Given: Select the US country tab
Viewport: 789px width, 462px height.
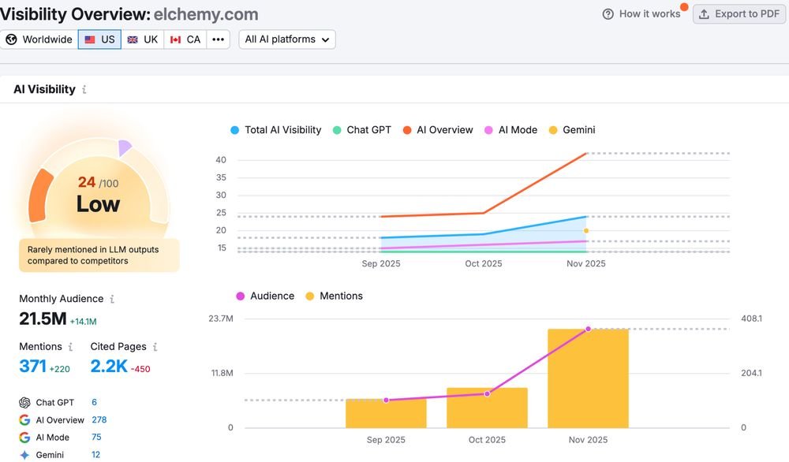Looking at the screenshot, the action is click(99, 39).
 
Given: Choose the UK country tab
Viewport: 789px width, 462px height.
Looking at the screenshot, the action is click(142, 39).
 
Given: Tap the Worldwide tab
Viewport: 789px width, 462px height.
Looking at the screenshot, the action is click(39, 39).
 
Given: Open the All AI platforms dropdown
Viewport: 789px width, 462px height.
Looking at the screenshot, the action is click(287, 39).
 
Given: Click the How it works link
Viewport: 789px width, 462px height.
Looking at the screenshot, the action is click(641, 14).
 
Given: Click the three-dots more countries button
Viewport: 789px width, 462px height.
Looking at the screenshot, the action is click(218, 39).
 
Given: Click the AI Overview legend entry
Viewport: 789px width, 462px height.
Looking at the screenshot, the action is click(438, 130).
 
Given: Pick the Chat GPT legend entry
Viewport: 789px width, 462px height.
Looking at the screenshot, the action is click(362, 130).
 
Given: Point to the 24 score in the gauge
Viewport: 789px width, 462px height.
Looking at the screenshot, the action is click(87, 182).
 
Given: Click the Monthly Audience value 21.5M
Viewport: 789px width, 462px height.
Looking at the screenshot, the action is click(43, 319).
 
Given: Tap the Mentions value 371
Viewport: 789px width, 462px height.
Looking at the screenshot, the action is click(32, 366).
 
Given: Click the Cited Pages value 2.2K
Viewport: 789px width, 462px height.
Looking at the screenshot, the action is click(109, 366).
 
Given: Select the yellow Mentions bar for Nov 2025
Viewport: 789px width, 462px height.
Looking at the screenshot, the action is click(588, 378).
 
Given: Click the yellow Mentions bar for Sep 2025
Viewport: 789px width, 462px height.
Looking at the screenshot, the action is click(386, 413).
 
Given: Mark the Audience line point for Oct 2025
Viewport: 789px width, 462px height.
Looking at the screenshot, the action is click(487, 393).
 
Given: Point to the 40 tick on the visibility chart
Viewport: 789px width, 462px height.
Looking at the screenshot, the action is click(221, 160).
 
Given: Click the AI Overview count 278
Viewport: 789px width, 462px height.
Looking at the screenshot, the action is click(99, 419).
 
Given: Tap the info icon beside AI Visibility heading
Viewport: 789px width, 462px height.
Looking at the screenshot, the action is click(84, 90).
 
